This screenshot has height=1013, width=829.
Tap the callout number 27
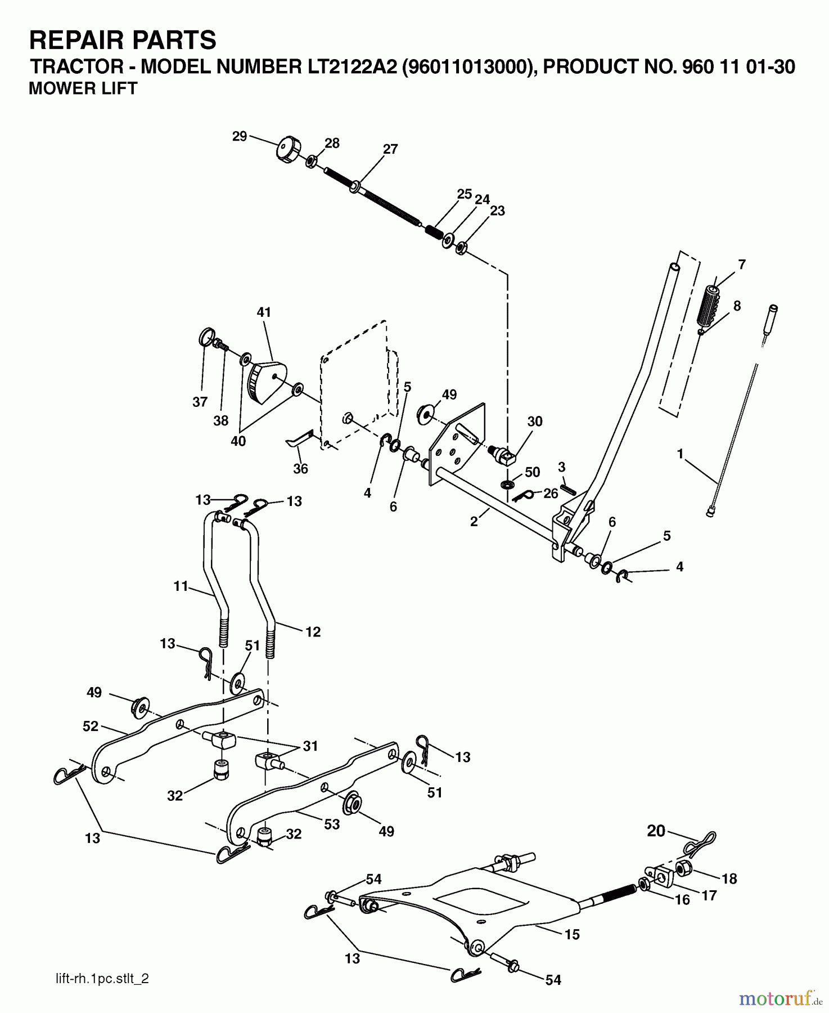[x=390, y=149]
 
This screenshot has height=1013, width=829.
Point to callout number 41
[x=264, y=312]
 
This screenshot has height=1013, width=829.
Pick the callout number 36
[x=301, y=468]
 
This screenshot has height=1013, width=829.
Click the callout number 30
[x=535, y=421]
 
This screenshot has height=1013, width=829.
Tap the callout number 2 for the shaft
[x=474, y=522]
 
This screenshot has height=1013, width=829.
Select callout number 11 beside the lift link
[x=181, y=586]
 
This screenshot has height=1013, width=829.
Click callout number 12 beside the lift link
[x=313, y=632]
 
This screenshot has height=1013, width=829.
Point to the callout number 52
[x=91, y=726]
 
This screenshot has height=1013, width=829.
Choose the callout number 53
[x=332, y=824]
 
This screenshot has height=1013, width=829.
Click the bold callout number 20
[x=656, y=831]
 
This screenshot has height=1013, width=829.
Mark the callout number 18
[x=729, y=878]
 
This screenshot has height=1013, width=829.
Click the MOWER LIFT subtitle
[x=83, y=89]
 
